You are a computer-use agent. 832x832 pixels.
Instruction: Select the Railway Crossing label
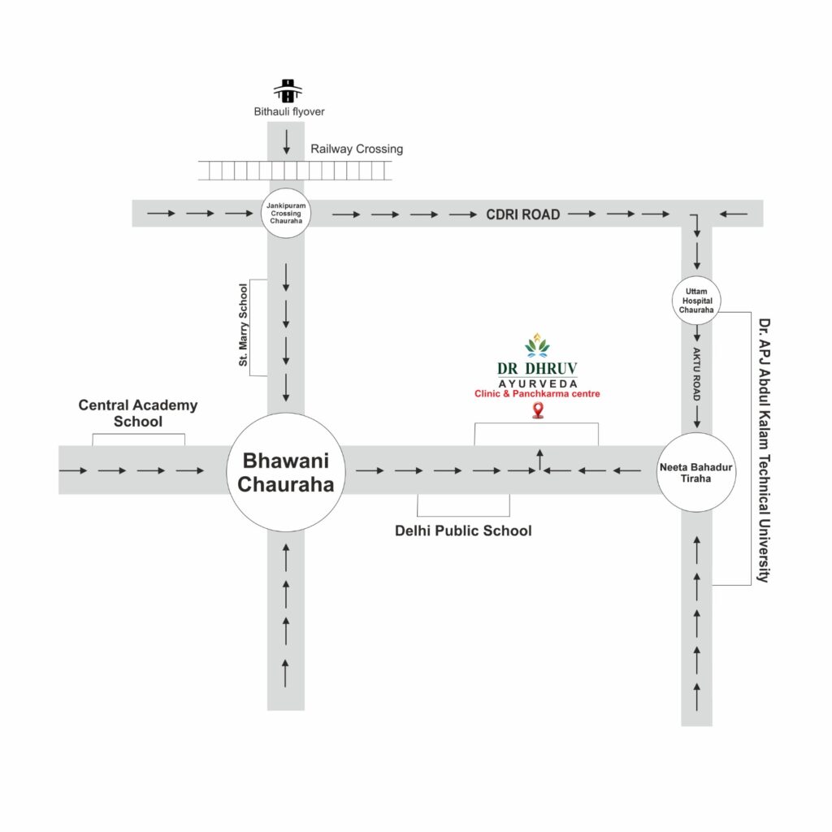coord(357,149)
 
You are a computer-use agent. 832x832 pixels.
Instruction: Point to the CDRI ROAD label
coord(523,214)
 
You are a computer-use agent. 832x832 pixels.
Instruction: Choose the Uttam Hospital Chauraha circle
coord(696,301)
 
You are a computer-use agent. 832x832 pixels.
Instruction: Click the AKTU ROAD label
coord(696,375)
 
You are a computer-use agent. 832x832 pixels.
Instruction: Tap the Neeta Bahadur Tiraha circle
coord(696,472)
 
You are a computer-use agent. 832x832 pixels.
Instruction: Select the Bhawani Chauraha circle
coord(286,472)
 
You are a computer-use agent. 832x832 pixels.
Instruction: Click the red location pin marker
coord(537,411)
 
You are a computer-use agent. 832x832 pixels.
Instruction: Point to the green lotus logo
coord(537,344)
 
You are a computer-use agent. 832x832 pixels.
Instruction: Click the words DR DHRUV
coord(537,368)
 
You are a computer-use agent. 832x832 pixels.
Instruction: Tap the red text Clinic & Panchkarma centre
coord(537,394)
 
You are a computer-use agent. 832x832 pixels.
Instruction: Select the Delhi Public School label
coord(463,531)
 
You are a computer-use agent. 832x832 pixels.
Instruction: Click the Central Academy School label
coord(138,413)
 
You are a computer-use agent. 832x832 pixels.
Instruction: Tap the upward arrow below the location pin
coord(539,457)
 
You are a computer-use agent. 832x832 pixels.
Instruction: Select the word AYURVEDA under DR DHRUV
coord(537,383)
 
